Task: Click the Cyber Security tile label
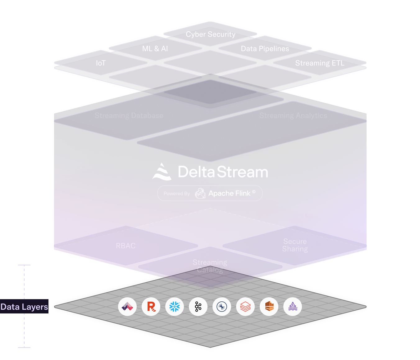point(211,34)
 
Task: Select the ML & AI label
point(155,49)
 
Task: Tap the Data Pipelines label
point(265,49)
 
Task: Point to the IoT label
point(101,63)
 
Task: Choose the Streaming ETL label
point(320,63)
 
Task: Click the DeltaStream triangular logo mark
point(162,172)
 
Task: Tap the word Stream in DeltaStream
point(242,172)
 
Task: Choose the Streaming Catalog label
point(210,266)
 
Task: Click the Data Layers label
point(24,307)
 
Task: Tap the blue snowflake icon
point(175,307)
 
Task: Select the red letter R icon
point(151,307)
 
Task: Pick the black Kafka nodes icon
point(198,307)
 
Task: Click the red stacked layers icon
point(245,307)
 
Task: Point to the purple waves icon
point(293,307)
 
